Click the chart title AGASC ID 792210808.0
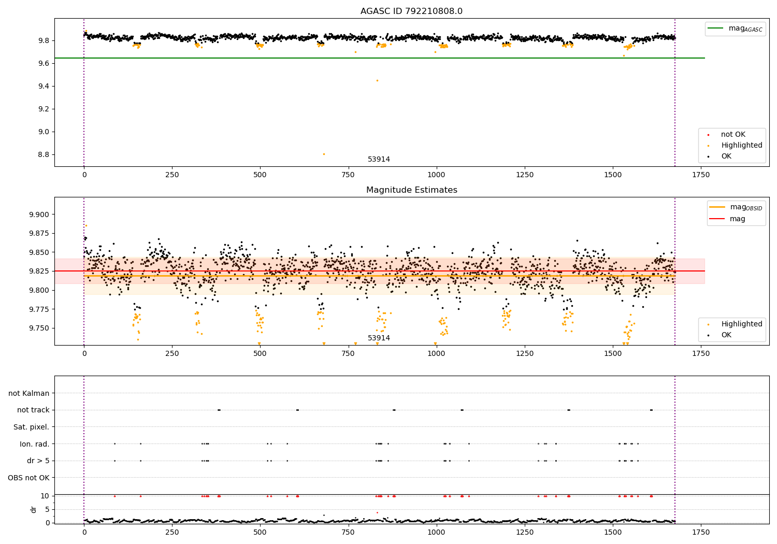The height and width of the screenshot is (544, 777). [x=411, y=11]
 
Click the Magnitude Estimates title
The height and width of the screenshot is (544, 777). [x=411, y=190]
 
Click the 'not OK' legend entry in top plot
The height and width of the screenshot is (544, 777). [x=732, y=135]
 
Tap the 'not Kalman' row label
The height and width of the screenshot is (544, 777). [x=29, y=393]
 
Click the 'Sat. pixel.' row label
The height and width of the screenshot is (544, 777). [x=31, y=427]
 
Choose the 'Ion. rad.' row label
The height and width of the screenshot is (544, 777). [x=35, y=444]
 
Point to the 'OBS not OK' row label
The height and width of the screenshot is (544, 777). [x=28, y=478]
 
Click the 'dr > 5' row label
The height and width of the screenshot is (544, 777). [x=38, y=461]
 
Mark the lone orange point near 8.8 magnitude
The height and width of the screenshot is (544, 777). [x=324, y=154]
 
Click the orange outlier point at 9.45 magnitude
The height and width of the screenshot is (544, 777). [x=377, y=80]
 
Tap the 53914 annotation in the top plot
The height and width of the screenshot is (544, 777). [x=379, y=160]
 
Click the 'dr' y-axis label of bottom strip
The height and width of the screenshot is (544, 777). [x=34, y=509]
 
